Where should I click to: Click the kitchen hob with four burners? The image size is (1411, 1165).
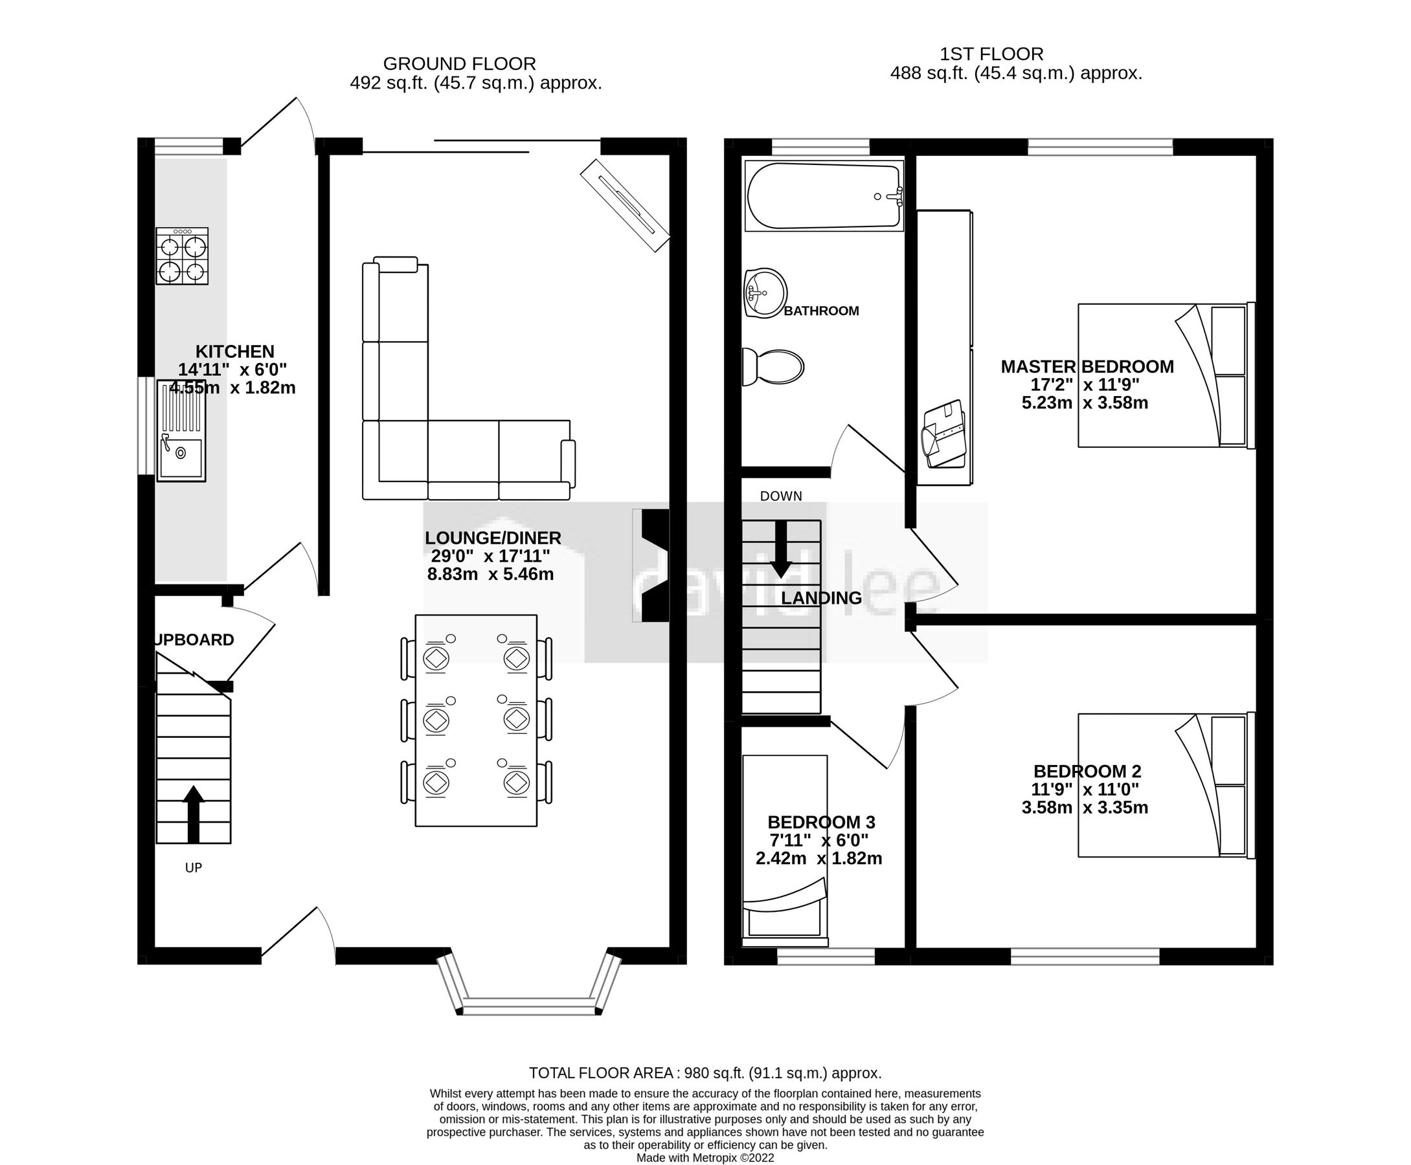coord(182,256)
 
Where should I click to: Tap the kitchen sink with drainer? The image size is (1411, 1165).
coord(181,431)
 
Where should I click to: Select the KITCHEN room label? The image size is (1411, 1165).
coord(234,351)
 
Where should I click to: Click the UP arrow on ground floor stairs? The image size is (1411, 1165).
coord(193,814)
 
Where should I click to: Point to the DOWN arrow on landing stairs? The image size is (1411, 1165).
coord(781,548)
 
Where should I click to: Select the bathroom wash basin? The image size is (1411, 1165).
coord(765,293)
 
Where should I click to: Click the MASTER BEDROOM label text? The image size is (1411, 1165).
coord(1086,366)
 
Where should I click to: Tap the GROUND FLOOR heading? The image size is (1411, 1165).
coord(459,64)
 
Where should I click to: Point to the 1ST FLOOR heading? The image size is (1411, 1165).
coord(991,54)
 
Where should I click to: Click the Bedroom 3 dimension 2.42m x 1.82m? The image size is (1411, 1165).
coord(818,858)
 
